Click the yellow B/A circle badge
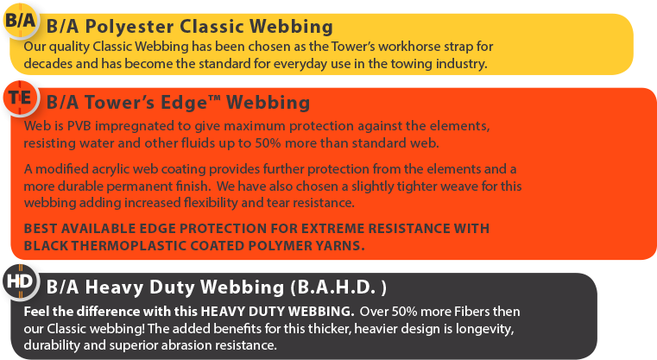point(20,21)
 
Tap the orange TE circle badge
point(20,98)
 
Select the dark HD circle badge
point(20,281)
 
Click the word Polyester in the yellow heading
point(130,27)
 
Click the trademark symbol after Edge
point(214,98)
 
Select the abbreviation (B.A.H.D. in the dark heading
point(333,287)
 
